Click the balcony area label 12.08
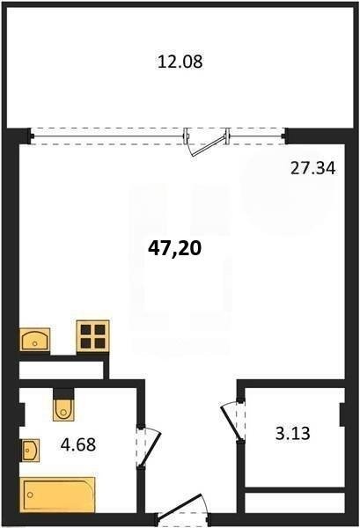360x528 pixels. [x=180, y=62]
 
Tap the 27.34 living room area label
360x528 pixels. [x=312, y=168]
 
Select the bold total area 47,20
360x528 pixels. [x=175, y=249]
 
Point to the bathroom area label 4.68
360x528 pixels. [x=78, y=444]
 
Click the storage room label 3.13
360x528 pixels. [x=292, y=433]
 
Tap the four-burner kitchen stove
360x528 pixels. [x=93, y=336]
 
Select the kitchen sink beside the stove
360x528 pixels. [x=35, y=340]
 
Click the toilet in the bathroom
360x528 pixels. [x=63, y=409]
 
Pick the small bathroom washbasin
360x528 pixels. [x=30, y=451]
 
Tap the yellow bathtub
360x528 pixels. [x=57, y=495]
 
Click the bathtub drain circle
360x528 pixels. [x=31, y=495]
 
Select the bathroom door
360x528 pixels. [x=150, y=448]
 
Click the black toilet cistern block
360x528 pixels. [x=63, y=393]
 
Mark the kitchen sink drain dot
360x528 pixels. [x=34, y=343]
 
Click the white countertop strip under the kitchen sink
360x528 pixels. [x=61, y=370]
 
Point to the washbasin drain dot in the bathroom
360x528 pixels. [x=27, y=451]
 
